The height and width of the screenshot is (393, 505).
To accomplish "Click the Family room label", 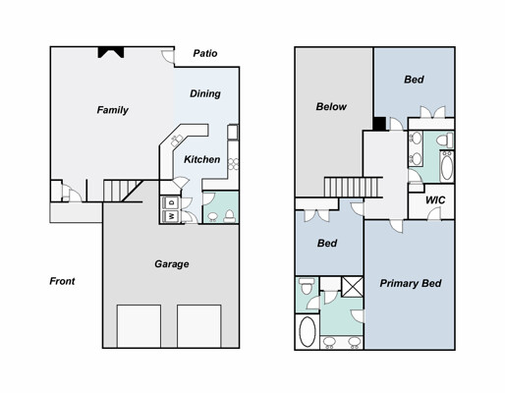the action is point(112,110).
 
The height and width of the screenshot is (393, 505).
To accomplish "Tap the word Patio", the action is point(205,53).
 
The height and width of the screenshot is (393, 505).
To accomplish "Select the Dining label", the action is point(205,94).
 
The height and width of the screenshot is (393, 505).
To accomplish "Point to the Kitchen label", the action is point(201,159).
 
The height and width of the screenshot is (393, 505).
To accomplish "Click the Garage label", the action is point(172,264).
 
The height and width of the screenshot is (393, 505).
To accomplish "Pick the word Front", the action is point(62,281).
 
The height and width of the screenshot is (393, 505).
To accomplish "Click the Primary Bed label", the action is point(411,283).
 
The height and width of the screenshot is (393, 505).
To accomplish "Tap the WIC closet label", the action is point(435,199).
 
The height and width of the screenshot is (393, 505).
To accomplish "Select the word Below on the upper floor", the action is point(331,107).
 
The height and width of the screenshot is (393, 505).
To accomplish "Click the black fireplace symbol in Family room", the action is point(111,52).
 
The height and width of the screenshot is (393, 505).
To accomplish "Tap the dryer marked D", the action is point(171,202).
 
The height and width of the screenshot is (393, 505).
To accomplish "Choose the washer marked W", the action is point(171,216).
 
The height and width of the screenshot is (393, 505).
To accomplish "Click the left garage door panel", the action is point(139,326).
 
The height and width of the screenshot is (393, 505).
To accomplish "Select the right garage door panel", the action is point(199,326).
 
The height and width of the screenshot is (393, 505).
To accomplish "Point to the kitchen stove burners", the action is point(234,164).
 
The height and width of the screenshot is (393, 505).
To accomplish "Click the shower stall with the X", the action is point(353,287).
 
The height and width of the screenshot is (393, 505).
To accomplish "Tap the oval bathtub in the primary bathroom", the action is point(308,332).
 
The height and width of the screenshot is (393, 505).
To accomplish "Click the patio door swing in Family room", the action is point(168,57).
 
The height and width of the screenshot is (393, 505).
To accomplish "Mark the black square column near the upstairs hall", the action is point(379,124).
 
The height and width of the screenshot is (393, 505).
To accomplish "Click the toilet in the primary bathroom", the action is point(307,286).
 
